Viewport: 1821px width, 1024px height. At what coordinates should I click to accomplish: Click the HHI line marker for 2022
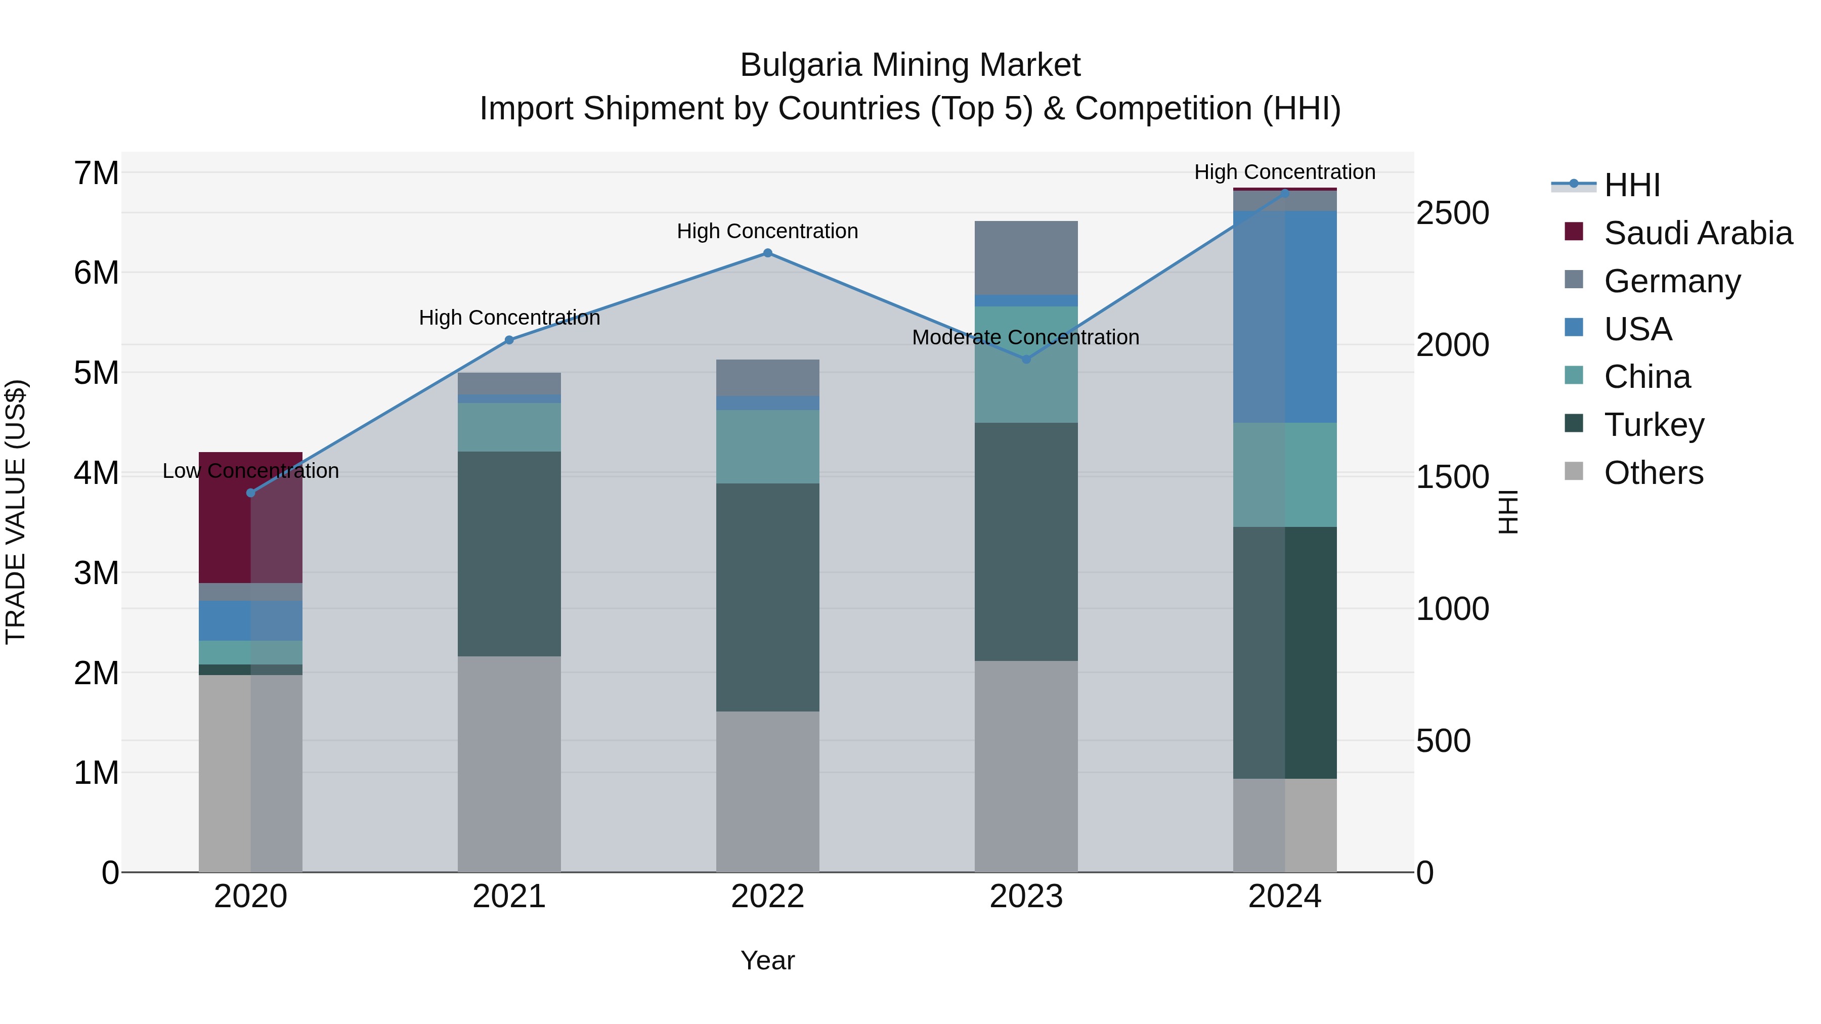[x=768, y=253]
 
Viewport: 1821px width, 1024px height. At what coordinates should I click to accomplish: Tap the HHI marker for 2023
[x=1026, y=359]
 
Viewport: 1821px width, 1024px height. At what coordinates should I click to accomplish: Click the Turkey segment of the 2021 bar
[x=509, y=554]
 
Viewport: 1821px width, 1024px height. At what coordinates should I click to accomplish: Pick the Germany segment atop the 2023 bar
[x=1026, y=257]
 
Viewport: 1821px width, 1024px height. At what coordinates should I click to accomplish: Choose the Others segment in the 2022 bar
[x=768, y=791]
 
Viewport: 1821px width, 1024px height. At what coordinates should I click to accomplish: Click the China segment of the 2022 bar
[x=768, y=447]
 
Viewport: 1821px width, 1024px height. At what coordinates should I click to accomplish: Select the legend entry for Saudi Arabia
[x=1697, y=233]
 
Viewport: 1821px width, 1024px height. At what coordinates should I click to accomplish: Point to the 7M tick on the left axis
[x=97, y=173]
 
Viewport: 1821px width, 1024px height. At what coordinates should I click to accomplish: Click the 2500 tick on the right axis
[x=1452, y=213]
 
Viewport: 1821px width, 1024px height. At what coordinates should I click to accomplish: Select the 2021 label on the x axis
[x=509, y=897]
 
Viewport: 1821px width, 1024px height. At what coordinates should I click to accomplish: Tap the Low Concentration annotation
[x=250, y=471]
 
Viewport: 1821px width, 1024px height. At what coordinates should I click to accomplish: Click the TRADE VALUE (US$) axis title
[x=16, y=512]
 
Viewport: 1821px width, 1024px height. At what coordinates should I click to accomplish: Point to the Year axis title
[x=768, y=960]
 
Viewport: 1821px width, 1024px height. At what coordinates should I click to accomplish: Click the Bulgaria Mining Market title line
[x=910, y=65]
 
